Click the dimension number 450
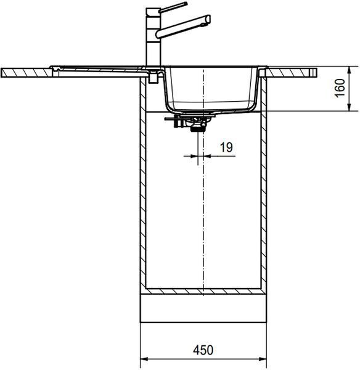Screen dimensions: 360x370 203,350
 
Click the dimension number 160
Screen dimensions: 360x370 340,88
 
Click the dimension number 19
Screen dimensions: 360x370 226,147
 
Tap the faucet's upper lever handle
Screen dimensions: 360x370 173,7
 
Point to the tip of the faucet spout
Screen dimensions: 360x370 208,19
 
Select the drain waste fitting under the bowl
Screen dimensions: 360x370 190,121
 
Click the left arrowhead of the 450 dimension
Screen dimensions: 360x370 144,359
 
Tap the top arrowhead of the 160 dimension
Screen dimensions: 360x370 350,70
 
